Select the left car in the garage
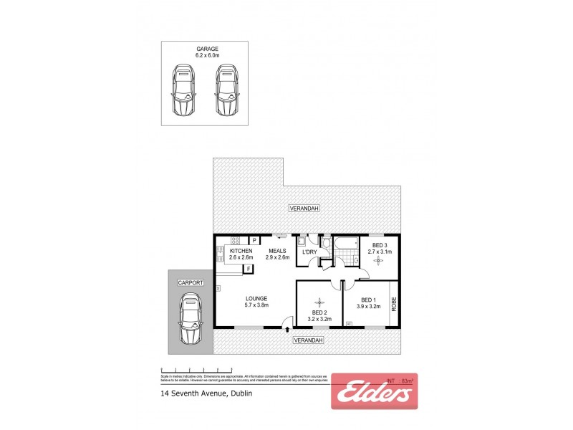(183, 90)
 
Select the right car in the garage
(226, 90)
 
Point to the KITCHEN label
(241, 251)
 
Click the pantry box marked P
(254, 240)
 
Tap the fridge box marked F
(248, 269)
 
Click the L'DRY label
(309, 252)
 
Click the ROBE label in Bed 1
(393, 304)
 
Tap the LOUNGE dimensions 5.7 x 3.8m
(256, 306)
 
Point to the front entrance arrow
(287, 330)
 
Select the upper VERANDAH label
(304, 208)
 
